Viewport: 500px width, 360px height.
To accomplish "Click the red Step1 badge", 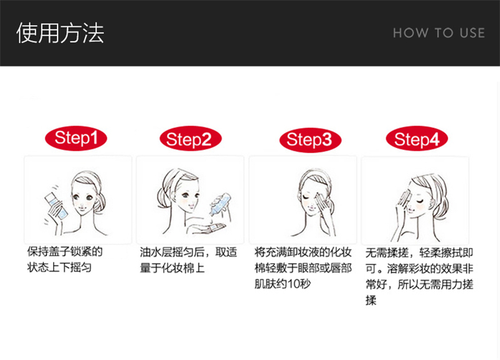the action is pyautogui.click(x=76, y=138).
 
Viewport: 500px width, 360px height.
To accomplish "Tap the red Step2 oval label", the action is pyautogui.click(x=191, y=139).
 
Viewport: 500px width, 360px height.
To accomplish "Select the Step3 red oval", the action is pyautogui.click(x=310, y=139).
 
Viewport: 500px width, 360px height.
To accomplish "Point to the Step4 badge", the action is pyautogui.click(x=417, y=139).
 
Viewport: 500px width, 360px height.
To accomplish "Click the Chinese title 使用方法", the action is pyautogui.click(x=60, y=33).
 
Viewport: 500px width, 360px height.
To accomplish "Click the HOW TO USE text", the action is pyautogui.click(x=439, y=33).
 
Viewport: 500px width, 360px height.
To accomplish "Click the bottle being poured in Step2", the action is pyautogui.click(x=219, y=205).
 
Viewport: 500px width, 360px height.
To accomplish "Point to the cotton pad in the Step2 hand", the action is pyautogui.click(x=214, y=227).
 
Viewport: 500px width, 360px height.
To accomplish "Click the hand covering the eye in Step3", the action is pyautogui.click(x=322, y=205).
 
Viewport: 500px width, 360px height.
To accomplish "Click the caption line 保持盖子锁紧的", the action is pyautogui.click(x=65, y=251).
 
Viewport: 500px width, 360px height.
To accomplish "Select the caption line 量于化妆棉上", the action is pyautogui.click(x=172, y=268).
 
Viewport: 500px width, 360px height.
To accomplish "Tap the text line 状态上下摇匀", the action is pyautogui.click(x=59, y=267).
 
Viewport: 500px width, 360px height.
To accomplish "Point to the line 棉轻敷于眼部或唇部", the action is pyautogui.click(x=303, y=268).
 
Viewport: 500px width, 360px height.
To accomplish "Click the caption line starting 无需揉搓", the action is pyautogui.click(x=419, y=253).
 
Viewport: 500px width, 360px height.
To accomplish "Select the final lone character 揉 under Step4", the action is pyautogui.click(x=371, y=301).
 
